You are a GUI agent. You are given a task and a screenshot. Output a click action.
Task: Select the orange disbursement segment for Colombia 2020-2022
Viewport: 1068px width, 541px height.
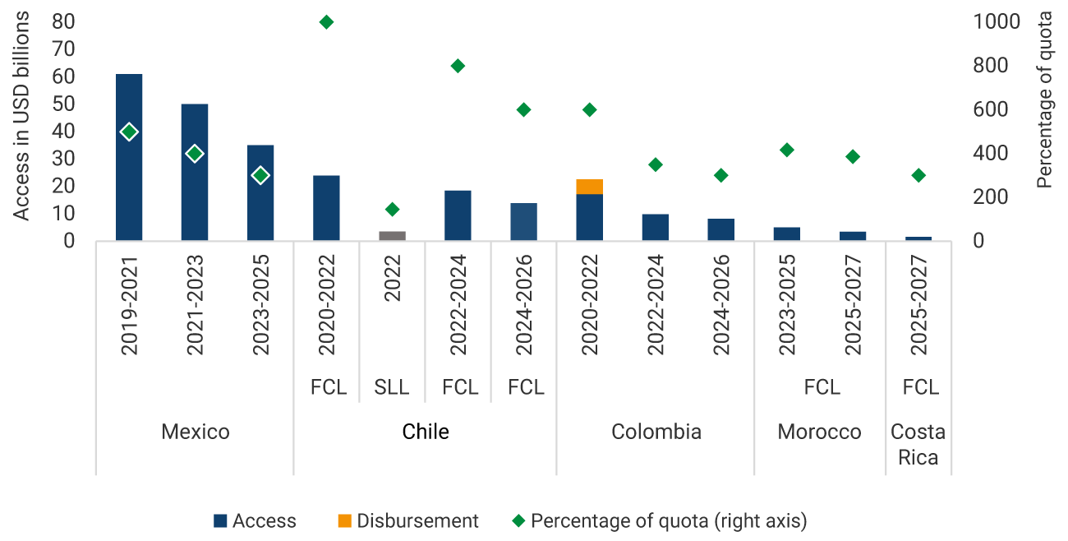[589, 187]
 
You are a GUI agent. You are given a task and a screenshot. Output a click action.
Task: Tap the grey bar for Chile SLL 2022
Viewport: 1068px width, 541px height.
[392, 236]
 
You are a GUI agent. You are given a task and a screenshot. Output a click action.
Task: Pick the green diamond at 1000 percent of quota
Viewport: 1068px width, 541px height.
[326, 22]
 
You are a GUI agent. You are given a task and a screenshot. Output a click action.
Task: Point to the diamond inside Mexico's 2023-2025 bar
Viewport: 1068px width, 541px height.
[260, 175]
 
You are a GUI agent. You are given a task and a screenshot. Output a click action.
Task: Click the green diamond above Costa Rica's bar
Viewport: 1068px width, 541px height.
[918, 175]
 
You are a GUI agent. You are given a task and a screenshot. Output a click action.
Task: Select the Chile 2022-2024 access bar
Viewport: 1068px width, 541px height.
[458, 215]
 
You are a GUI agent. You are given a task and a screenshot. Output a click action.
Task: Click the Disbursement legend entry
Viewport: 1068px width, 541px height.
[408, 520]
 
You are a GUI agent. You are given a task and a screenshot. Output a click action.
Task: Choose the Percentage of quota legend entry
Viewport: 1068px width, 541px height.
[660, 520]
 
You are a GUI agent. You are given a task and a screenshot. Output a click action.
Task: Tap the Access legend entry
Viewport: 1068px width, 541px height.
[255, 520]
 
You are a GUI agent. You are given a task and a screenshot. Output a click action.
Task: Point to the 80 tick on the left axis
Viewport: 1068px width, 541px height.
[63, 22]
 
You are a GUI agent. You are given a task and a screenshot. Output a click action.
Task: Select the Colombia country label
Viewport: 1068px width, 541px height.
[656, 432]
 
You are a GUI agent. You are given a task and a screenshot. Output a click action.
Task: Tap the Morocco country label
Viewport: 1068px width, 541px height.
[819, 432]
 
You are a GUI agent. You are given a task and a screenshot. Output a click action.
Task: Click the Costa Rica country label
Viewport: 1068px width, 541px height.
[918, 444]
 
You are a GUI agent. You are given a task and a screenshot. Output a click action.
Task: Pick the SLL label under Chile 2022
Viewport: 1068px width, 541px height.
[392, 387]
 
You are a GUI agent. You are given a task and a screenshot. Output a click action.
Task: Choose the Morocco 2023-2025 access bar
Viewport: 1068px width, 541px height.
[786, 234]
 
